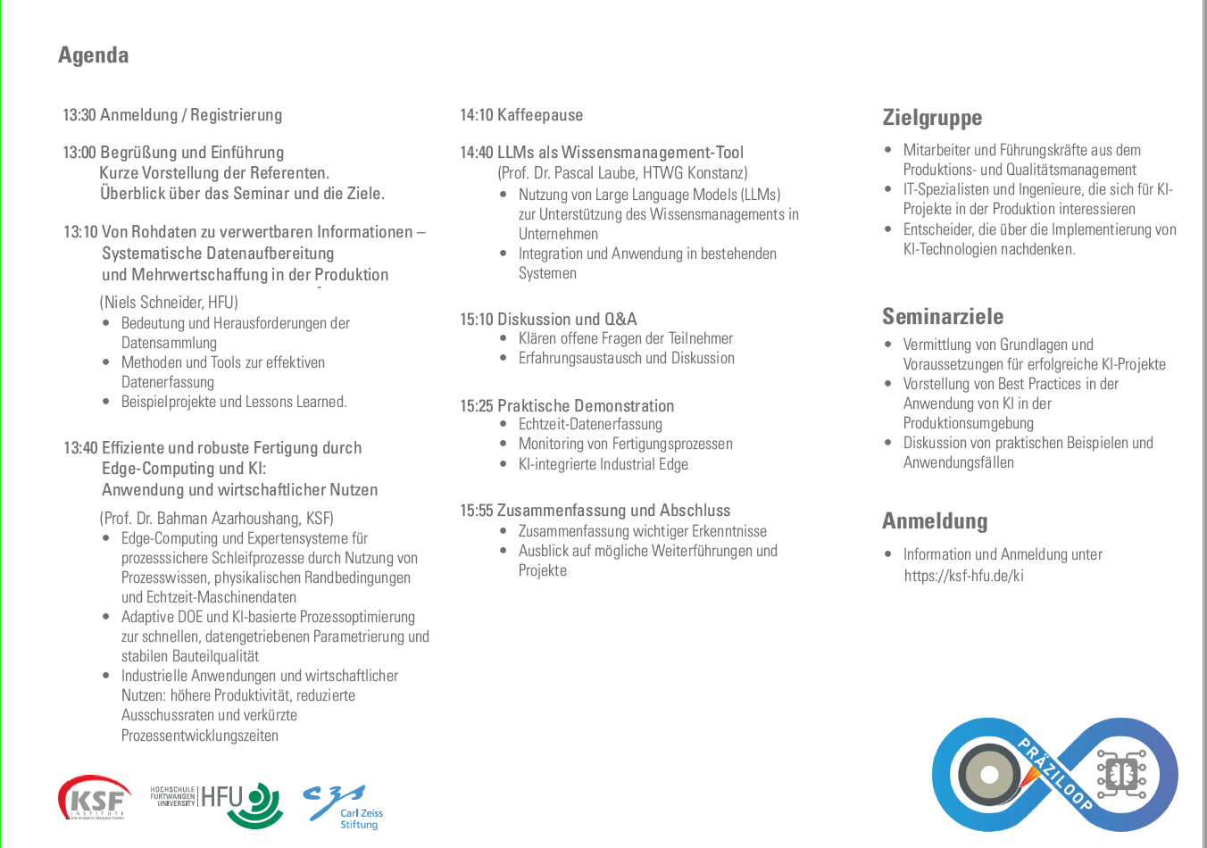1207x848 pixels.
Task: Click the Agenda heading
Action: (94, 55)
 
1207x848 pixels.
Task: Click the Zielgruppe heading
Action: (932, 118)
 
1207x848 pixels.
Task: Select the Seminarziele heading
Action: (943, 317)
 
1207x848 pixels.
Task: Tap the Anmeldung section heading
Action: (935, 521)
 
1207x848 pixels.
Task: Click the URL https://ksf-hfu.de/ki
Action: (963, 576)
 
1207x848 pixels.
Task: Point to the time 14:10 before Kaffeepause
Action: (476, 115)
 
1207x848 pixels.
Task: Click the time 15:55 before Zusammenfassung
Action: (476, 511)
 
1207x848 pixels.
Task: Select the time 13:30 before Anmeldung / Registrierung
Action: (79, 115)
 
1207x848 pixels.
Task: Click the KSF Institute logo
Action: (95, 797)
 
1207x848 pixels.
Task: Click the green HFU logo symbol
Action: (264, 804)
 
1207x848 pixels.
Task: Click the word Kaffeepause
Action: (540, 115)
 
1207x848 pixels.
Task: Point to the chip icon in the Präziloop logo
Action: (1121, 774)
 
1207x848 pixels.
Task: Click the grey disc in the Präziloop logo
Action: (989, 774)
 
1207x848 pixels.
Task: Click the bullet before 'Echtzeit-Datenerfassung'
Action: (504, 425)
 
